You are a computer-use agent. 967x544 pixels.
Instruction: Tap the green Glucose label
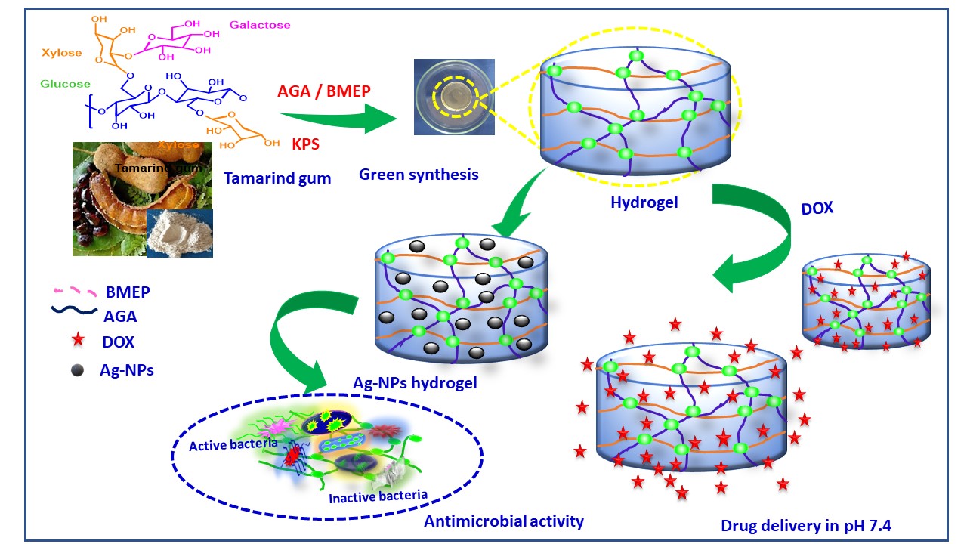[66, 84]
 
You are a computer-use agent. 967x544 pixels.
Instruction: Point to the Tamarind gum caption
[277, 178]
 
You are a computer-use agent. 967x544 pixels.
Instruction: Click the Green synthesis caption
[419, 175]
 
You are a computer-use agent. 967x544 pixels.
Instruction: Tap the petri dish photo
[454, 97]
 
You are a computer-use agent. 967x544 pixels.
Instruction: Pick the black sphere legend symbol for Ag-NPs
[76, 371]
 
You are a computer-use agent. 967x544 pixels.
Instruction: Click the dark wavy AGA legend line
[74, 310]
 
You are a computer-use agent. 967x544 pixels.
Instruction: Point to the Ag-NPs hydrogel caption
[415, 382]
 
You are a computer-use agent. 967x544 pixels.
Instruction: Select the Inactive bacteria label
[378, 496]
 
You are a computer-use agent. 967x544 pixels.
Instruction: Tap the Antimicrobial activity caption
[503, 521]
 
